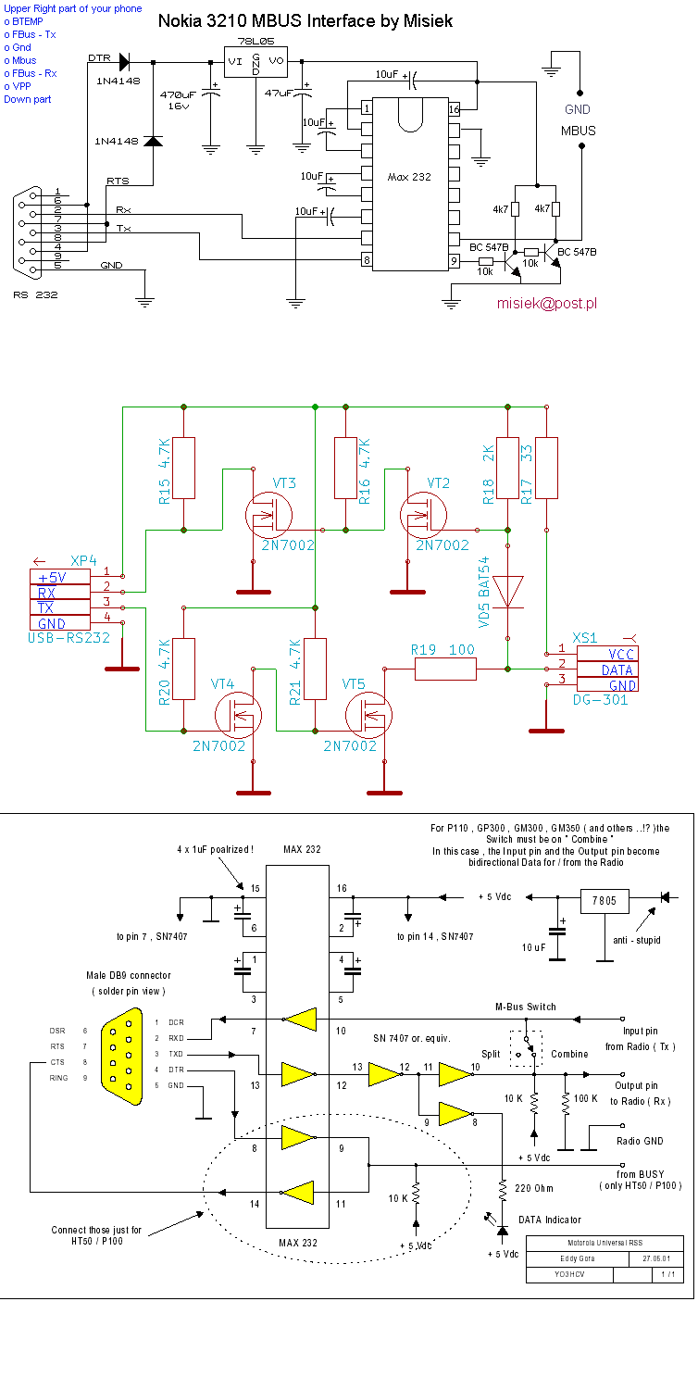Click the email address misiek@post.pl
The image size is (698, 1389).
(x=546, y=303)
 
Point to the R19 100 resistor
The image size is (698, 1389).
(x=445, y=669)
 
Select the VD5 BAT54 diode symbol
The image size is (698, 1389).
(x=508, y=592)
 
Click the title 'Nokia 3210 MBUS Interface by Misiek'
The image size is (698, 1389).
(x=305, y=20)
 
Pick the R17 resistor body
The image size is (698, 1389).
(x=547, y=468)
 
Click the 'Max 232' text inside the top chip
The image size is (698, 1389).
(x=408, y=177)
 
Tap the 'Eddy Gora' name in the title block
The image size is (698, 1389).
(x=580, y=1259)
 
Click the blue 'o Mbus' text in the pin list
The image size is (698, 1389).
(x=20, y=60)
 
